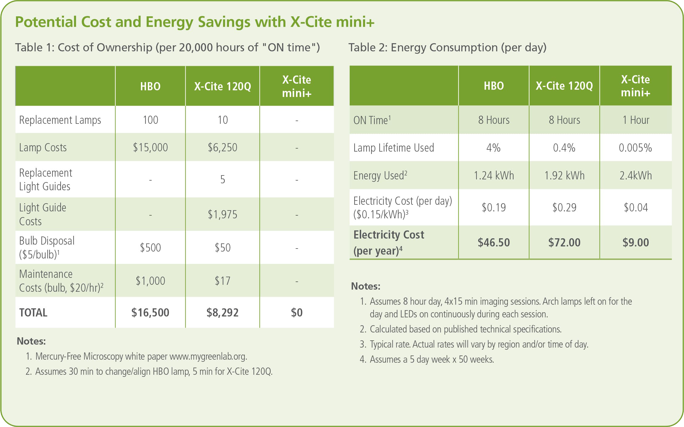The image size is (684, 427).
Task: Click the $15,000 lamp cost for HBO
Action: coord(150,147)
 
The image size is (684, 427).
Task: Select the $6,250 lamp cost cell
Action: coord(222,147)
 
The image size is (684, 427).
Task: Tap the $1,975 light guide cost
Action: coord(222,214)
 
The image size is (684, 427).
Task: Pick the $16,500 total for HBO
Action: coord(150,312)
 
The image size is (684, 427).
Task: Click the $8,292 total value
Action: coord(222,312)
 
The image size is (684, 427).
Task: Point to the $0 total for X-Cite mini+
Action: coord(297,312)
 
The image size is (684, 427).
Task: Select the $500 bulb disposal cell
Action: coord(150,248)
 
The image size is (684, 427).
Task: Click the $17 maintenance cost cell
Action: coord(222,281)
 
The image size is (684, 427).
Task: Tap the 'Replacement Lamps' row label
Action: coord(60,120)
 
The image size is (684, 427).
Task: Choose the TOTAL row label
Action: coord(33,313)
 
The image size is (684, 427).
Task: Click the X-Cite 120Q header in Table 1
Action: coord(222,86)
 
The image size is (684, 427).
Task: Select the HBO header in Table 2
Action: coord(494,86)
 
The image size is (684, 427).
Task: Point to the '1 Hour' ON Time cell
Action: coord(636,120)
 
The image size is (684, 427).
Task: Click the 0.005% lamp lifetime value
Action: coord(635,148)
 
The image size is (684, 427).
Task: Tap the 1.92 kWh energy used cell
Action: coord(564,175)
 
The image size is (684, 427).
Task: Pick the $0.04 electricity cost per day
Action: coord(636,207)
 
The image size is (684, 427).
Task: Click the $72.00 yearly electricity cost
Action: coord(564,242)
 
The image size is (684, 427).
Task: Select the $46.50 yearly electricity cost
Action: coord(494,242)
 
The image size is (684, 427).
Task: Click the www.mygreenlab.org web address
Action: coord(208,357)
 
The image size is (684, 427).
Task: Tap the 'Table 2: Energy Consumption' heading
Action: coord(423,48)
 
